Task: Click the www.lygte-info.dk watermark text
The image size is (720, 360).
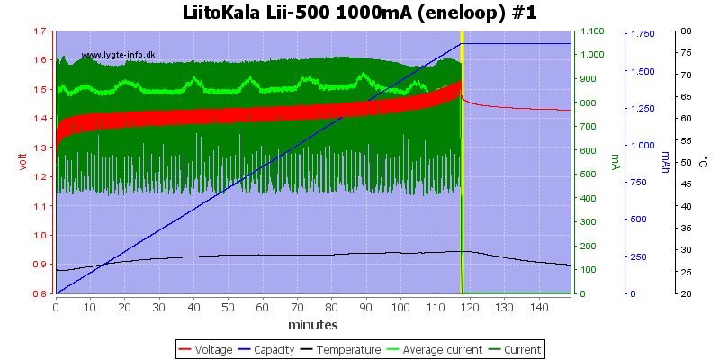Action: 118,55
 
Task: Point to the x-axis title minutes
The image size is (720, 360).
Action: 313,324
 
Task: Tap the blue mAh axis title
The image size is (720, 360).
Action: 666,162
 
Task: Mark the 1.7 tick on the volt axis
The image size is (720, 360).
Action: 40,31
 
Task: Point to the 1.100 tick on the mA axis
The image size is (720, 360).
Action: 592,31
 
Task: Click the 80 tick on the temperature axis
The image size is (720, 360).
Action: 686,31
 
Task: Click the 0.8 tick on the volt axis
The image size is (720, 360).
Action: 40,293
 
